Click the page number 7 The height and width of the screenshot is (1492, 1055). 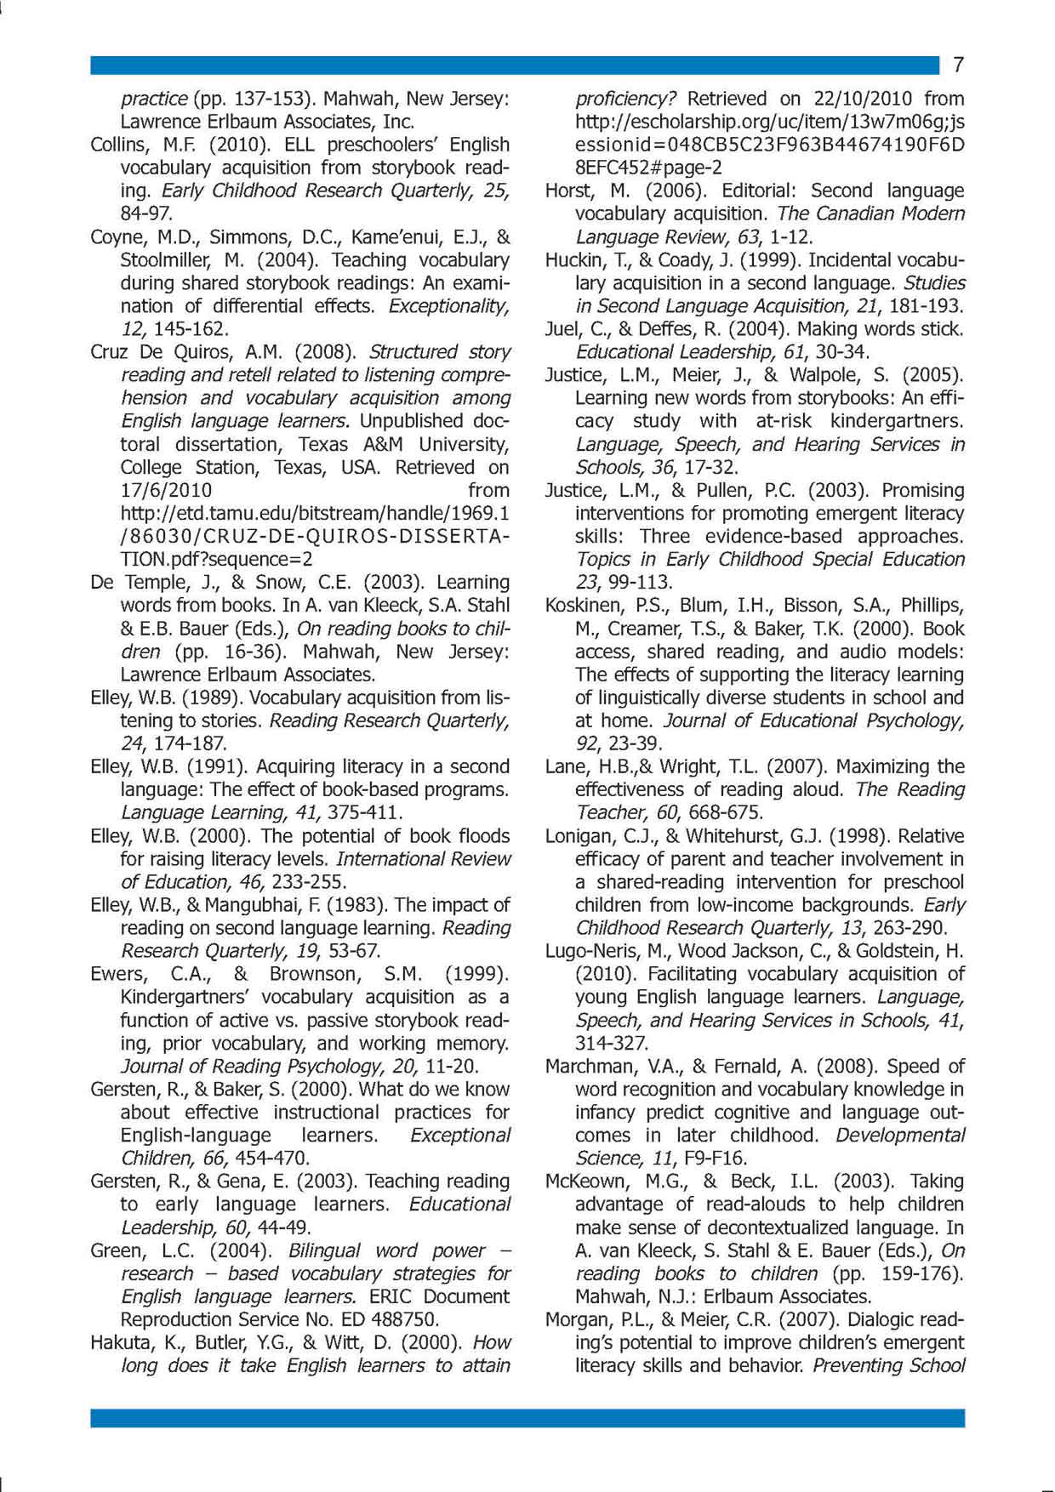pos(958,65)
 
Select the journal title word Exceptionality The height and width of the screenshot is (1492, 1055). pos(449,306)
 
